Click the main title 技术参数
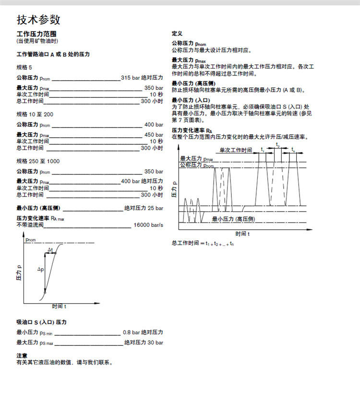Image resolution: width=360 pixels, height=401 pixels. click(x=39, y=20)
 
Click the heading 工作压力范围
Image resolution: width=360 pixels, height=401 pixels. click(x=36, y=35)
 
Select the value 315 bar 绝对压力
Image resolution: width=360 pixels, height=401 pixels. click(x=142, y=78)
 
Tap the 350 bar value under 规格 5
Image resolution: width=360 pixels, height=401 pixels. click(x=154, y=88)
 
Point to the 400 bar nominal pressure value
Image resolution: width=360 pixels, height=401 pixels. click(x=154, y=125)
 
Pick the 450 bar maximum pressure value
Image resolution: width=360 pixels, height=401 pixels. click(x=154, y=135)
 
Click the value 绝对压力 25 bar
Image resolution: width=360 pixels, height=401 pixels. click(x=144, y=209)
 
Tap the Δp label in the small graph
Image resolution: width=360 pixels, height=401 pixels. click(x=41, y=270)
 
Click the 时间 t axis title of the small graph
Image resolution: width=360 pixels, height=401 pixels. click(x=59, y=306)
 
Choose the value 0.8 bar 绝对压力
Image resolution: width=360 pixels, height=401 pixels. click(x=143, y=332)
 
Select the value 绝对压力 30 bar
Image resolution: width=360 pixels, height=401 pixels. click(x=144, y=343)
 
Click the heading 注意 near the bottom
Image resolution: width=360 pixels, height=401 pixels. click(x=22, y=356)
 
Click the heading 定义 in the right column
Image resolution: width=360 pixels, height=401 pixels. click(x=177, y=34)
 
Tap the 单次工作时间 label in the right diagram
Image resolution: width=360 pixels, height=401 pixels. click(x=236, y=150)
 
